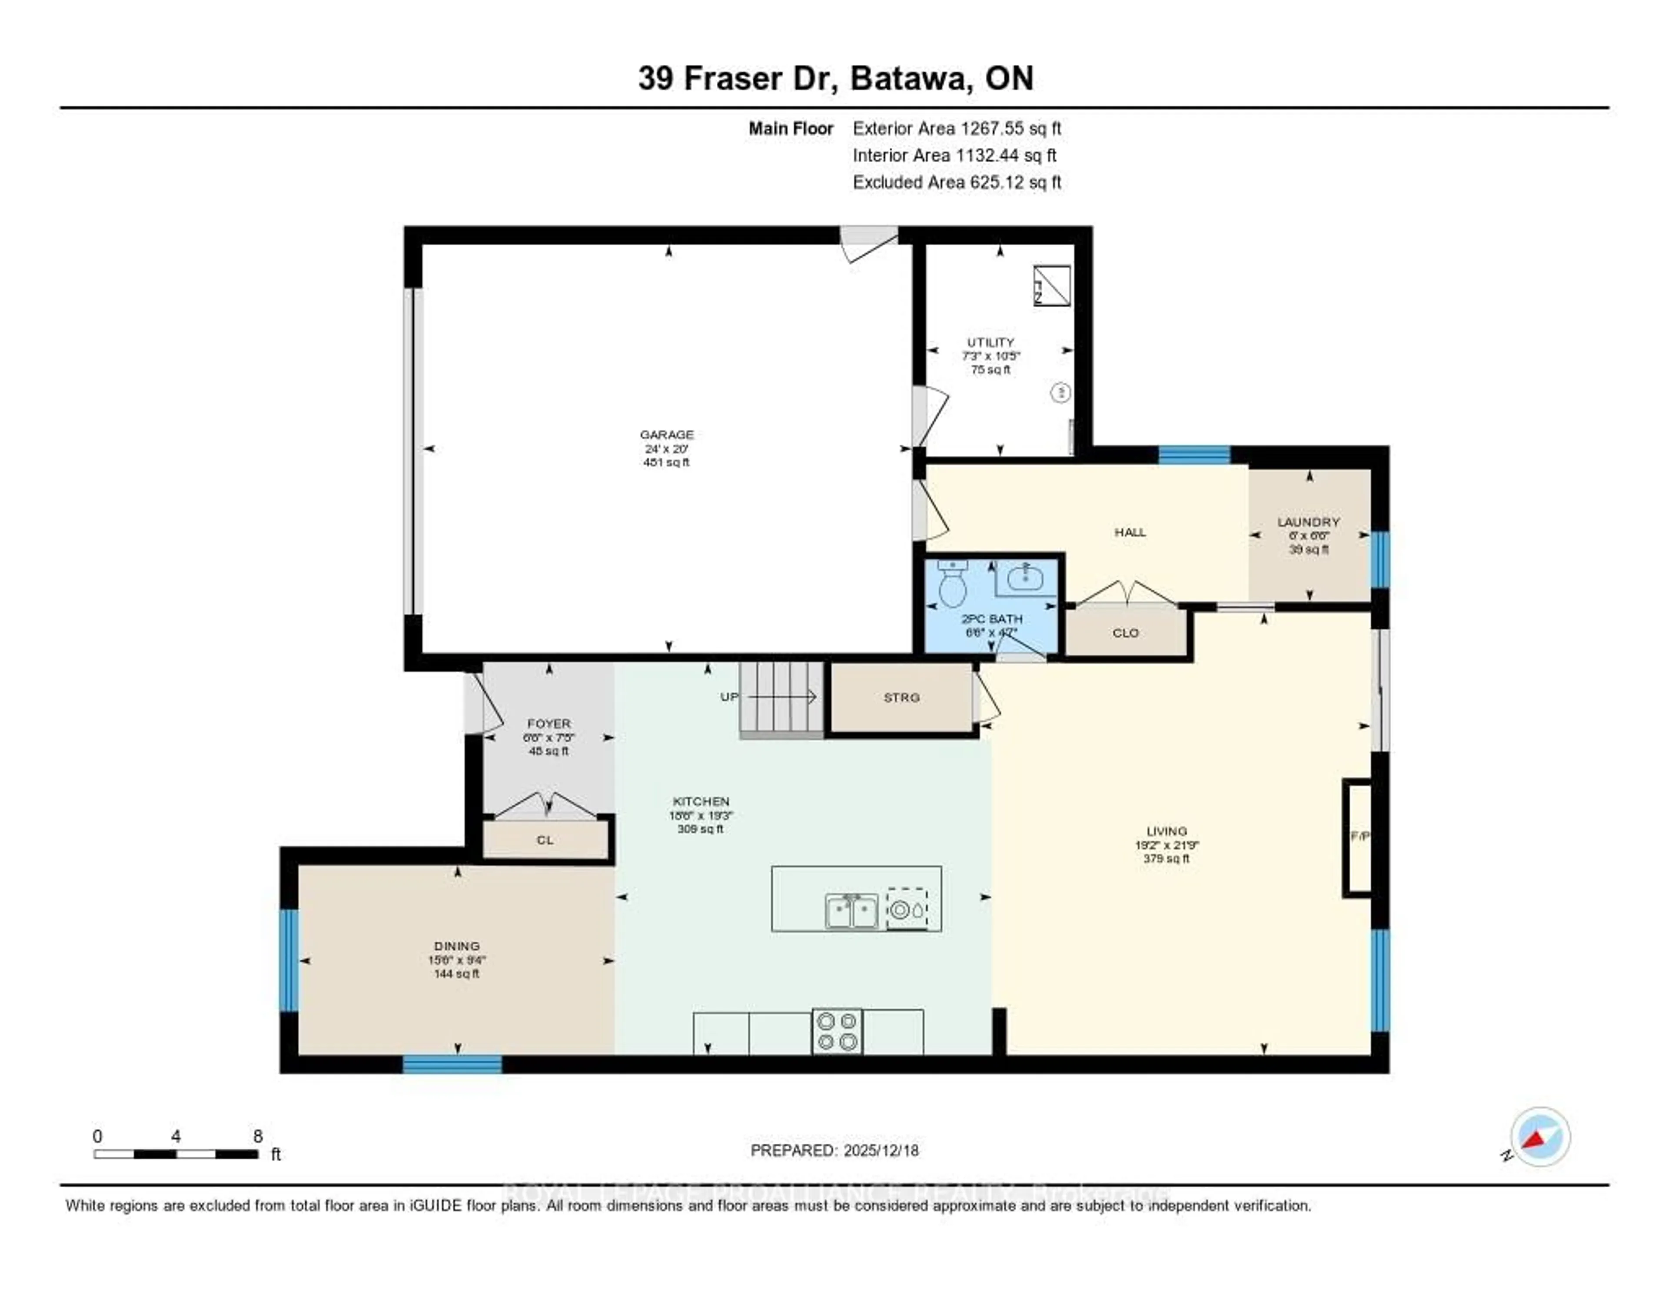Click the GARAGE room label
(x=666, y=435)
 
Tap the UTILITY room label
(x=991, y=342)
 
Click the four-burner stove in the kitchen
(x=837, y=1032)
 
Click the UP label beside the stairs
(x=729, y=697)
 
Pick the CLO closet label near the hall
(x=1125, y=633)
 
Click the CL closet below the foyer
(x=545, y=840)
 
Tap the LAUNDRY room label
(x=1308, y=522)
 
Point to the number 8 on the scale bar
(x=258, y=1136)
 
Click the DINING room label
(x=457, y=946)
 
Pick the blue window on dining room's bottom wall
(x=452, y=1064)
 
